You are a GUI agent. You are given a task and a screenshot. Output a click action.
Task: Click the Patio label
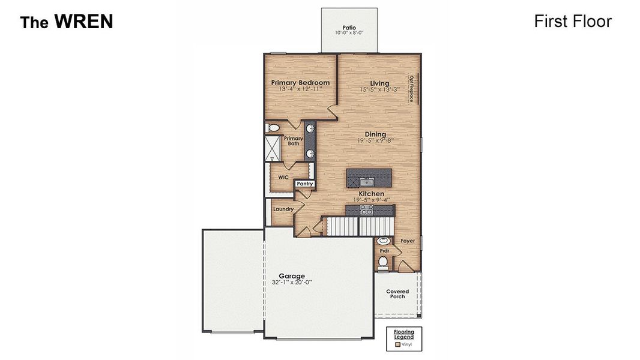[349, 28]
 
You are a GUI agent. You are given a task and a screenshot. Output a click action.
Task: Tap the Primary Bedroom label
[300, 83]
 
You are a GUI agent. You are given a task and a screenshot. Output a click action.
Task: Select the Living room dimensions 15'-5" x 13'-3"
[379, 90]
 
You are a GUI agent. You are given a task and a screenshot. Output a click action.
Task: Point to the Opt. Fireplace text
[412, 88]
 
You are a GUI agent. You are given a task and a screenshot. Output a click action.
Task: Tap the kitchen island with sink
[369, 177]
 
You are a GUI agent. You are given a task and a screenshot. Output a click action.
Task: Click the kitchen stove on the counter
[366, 209]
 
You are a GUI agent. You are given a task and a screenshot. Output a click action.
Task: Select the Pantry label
[304, 184]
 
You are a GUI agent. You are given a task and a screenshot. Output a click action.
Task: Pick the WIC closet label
[283, 178]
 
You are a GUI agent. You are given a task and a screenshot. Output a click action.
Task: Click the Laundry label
[283, 209]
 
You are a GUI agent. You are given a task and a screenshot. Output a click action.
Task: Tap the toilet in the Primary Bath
[273, 128]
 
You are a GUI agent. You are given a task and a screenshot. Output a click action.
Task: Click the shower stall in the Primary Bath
[274, 148]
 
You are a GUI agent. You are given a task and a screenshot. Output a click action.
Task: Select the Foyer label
[408, 241]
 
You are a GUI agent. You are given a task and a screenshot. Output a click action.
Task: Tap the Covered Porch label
[397, 293]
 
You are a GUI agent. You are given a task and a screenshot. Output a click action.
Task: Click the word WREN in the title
[83, 22]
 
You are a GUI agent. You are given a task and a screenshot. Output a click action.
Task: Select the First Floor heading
[572, 22]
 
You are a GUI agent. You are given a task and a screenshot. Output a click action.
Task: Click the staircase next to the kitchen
[357, 226]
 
